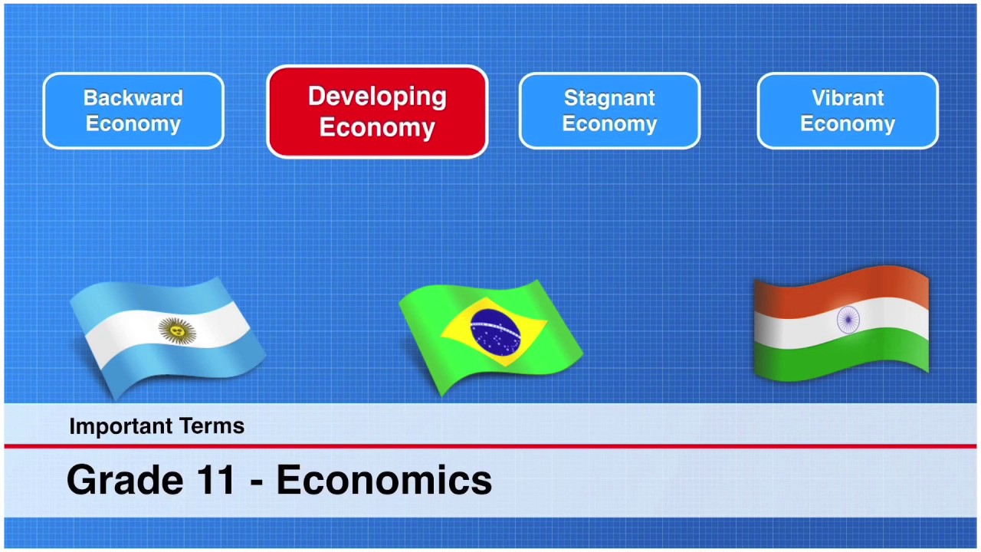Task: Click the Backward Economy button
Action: tap(133, 111)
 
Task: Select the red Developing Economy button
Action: tap(377, 112)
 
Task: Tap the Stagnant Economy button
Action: tap(609, 111)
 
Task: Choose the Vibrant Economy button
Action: tap(848, 111)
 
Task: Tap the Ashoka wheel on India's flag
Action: tap(848, 320)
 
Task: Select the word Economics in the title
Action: tap(384, 480)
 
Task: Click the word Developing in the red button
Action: tap(377, 97)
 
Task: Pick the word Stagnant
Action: tap(609, 98)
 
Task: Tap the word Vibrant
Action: tap(848, 98)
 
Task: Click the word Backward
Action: tap(133, 98)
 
